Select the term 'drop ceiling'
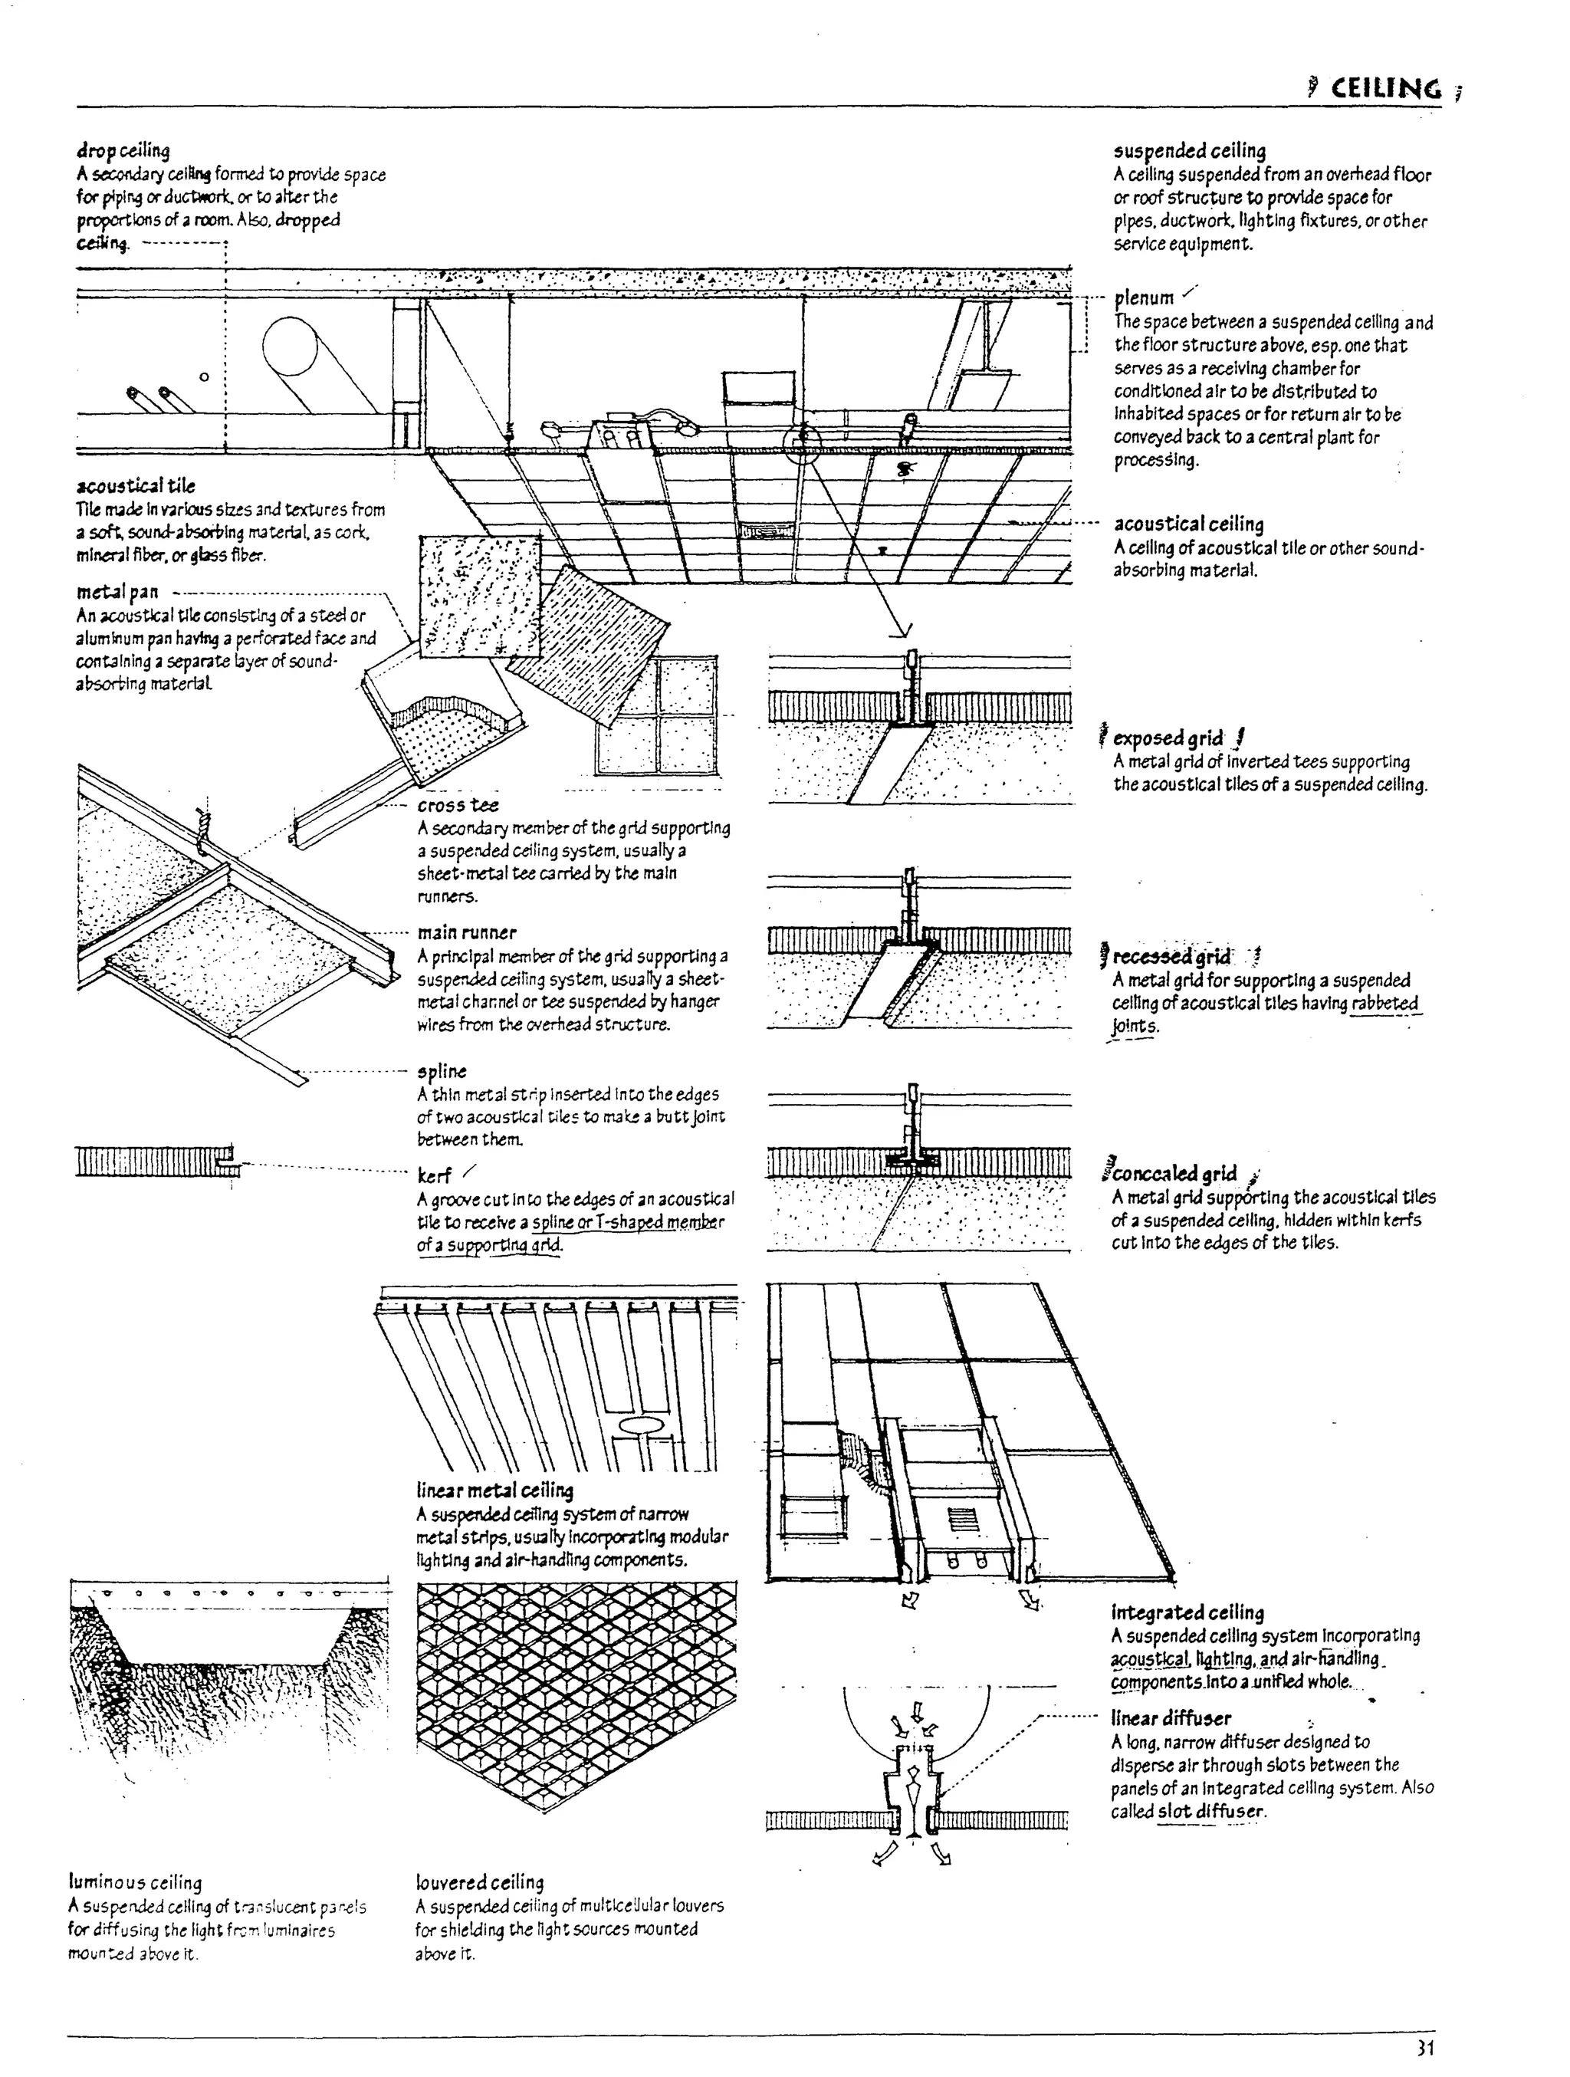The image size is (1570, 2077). point(123,151)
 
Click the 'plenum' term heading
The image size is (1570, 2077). point(1144,298)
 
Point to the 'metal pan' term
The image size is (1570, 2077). point(117,592)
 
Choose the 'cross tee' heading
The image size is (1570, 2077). point(458,805)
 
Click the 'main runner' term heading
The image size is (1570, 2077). point(467,932)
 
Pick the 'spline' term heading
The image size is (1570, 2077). point(442,1071)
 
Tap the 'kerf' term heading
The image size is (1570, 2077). point(435,1175)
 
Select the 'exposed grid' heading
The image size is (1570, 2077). point(1168,738)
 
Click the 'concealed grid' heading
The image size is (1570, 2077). point(1174,1174)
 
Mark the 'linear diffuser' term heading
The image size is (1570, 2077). point(1170,1718)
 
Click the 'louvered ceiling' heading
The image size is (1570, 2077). point(480,1882)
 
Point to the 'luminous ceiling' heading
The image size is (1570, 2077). point(135,1882)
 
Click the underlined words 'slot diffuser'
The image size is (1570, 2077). point(1211,1811)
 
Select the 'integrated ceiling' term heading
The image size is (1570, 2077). point(1187,1612)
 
